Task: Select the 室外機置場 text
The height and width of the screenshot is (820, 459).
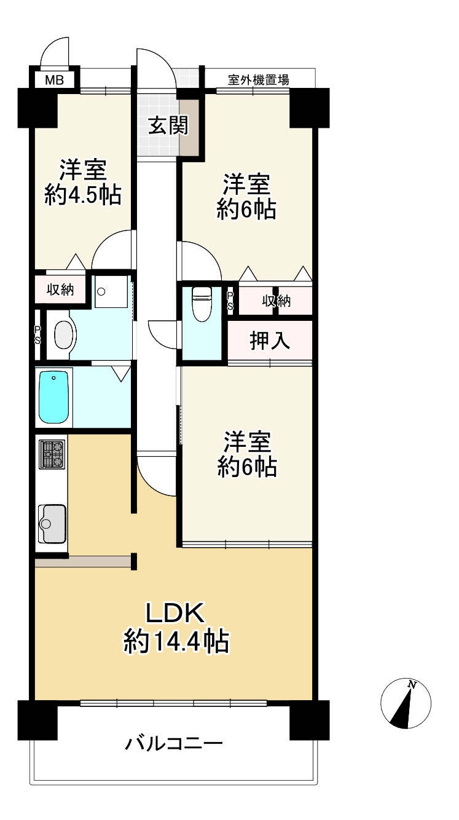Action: point(258,79)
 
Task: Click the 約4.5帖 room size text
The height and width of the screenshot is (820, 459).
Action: point(82,195)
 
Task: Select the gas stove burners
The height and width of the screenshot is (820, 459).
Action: point(51,454)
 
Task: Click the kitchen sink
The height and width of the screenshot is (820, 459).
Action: point(52,523)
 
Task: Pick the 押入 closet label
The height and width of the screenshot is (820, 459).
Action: point(269,342)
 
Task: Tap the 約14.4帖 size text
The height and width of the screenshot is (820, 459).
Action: point(176,643)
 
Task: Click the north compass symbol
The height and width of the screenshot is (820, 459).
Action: point(406,704)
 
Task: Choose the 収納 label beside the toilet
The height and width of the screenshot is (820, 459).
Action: point(276,301)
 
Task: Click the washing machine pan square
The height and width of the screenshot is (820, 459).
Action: point(111,291)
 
